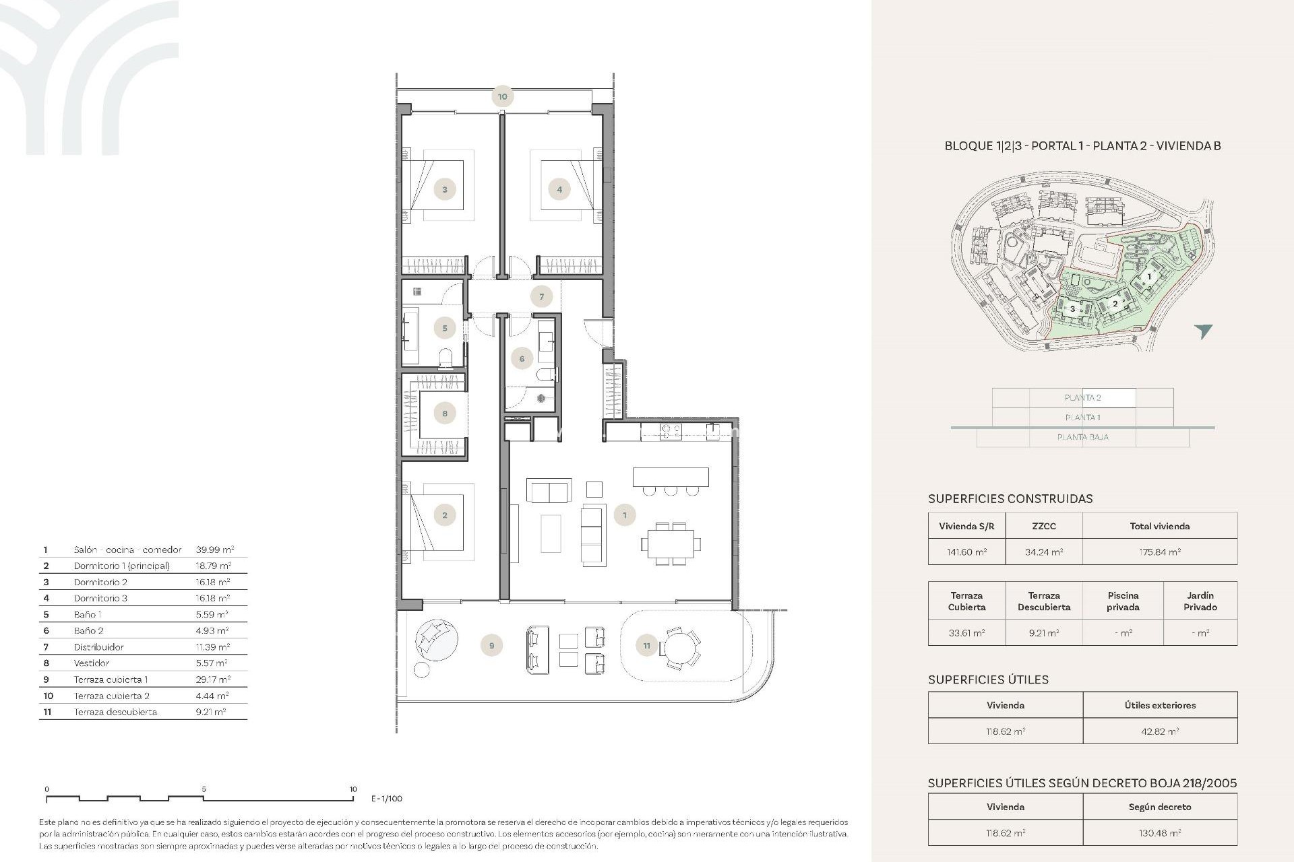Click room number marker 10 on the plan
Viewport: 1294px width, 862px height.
[x=502, y=96]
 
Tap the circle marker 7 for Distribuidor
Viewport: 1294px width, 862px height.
[x=541, y=296]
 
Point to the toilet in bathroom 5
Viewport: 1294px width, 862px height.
[x=445, y=357]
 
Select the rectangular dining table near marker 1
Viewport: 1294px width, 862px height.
[x=671, y=543]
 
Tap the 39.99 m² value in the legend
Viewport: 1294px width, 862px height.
[x=214, y=550]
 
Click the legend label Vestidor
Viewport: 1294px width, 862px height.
[x=92, y=663]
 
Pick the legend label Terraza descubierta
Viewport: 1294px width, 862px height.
[x=115, y=712]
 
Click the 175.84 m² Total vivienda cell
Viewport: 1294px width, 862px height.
[x=1159, y=552]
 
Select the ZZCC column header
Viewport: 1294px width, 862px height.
[x=1043, y=526]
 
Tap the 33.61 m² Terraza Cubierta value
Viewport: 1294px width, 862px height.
[x=966, y=632]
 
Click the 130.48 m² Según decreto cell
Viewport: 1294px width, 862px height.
[x=1159, y=833]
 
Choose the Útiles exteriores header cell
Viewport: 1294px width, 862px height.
[x=1159, y=705]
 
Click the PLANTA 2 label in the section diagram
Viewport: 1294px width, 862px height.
[x=1082, y=398]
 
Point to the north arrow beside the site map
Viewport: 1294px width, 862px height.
[x=1203, y=331]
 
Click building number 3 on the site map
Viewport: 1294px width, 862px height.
[x=1073, y=309]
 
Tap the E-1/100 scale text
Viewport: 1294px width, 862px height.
[x=387, y=799]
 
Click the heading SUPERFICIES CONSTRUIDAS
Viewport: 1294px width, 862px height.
[x=1010, y=499]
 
